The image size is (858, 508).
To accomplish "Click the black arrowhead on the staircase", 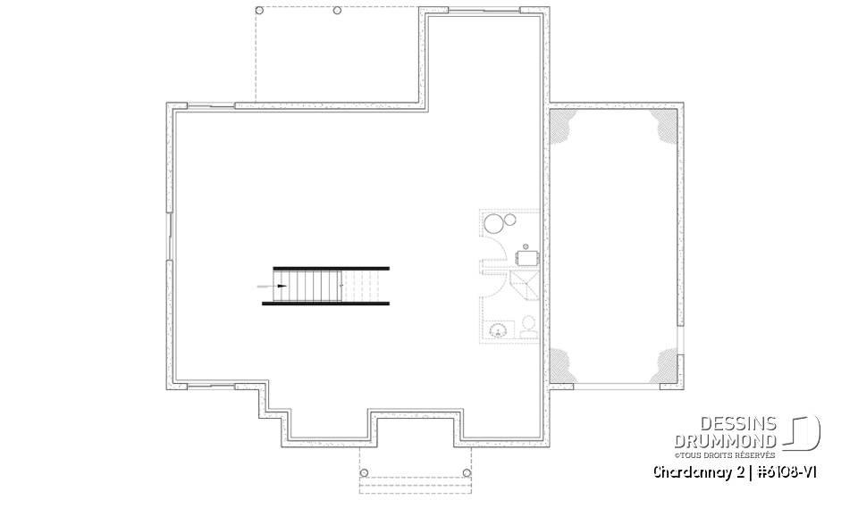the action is point(282,286).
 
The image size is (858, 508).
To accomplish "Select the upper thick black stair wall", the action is point(331,269).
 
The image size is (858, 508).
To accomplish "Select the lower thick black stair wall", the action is point(325,303).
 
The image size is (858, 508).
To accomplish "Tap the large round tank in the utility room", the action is point(494,224).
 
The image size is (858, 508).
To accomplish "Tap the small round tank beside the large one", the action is point(510,220).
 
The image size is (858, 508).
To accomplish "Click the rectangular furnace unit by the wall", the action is point(527,257).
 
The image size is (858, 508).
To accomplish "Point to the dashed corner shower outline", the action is point(525,285).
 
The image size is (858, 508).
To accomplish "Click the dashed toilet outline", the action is point(528,327).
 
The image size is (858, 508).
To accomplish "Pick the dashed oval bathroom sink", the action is point(498,330).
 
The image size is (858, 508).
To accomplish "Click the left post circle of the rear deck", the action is point(260,11).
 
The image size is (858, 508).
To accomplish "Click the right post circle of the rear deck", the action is point(337,11).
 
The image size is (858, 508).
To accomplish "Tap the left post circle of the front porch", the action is point(365,473).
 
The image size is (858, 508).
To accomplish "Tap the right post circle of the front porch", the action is point(467,473).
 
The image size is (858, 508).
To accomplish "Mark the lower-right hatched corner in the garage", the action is point(664,365).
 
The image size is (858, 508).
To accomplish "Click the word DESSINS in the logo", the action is point(738,424).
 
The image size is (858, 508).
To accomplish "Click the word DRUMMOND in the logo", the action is point(725,441).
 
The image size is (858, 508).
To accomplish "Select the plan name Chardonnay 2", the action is point(699,472).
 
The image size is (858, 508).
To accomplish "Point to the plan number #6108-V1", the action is point(786,472).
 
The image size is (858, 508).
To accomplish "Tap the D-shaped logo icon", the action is point(802,432).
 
